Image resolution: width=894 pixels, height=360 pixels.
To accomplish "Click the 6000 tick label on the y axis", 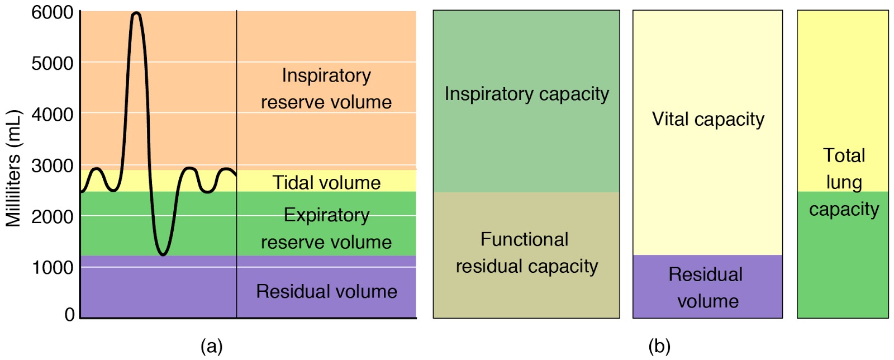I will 52,12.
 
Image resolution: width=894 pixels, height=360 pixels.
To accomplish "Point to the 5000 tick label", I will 52,63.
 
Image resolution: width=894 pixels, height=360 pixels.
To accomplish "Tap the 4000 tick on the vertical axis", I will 52,114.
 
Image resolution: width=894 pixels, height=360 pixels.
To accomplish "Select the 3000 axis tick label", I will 52,165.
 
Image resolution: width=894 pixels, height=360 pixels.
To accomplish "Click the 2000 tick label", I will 52,216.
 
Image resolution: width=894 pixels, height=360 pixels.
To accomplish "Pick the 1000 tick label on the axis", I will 52,267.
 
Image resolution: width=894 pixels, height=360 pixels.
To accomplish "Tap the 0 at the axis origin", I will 69,314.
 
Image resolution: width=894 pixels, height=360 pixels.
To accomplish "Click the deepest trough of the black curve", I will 163,254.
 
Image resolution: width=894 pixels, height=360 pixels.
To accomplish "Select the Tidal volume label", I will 326,182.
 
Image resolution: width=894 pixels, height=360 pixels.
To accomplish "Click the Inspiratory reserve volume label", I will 326,88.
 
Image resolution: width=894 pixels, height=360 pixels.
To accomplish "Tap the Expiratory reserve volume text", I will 326,229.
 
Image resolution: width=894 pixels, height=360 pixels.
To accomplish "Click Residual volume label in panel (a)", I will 326,291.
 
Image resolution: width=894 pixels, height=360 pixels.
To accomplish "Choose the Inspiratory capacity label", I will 526,94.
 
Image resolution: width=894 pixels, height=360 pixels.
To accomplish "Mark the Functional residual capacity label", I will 526,253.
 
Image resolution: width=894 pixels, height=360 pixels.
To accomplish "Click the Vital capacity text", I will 708,119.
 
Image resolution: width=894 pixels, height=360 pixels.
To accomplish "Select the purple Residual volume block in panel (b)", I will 707,287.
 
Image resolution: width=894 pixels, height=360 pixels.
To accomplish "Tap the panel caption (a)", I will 211,346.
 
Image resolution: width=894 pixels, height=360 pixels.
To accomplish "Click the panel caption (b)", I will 659,346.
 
